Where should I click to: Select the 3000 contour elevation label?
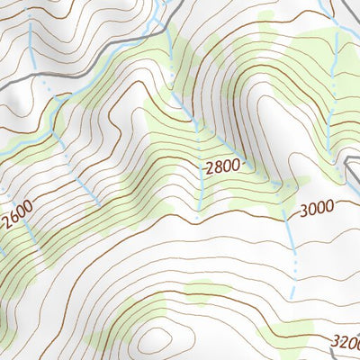[x=317, y=208]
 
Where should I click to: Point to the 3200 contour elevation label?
[x=346, y=342]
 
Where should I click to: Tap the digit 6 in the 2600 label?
[x=13, y=221]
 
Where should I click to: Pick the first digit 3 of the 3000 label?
[x=304, y=209]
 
